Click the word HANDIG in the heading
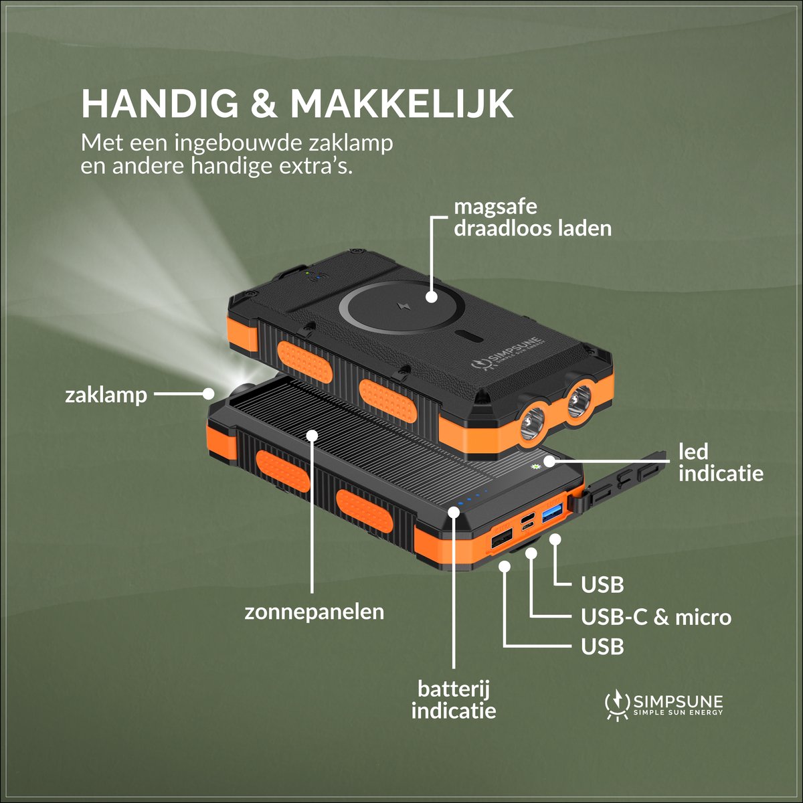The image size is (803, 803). tap(160, 104)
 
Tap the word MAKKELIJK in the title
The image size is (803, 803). tap(401, 104)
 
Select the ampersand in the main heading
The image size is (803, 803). tap(264, 104)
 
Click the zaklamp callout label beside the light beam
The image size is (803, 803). tap(106, 395)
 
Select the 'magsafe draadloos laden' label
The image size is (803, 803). tap(533, 218)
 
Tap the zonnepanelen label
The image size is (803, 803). tap(315, 612)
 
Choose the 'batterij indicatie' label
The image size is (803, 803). tap(454, 700)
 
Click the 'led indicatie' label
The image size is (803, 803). tap(721, 462)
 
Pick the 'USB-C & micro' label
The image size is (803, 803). tap(656, 617)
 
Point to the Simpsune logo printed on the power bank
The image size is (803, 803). tap(507, 354)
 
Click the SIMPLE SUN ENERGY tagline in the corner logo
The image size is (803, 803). tap(678, 713)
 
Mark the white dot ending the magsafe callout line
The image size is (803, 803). tap(432, 297)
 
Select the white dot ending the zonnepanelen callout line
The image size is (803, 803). tap(312, 436)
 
